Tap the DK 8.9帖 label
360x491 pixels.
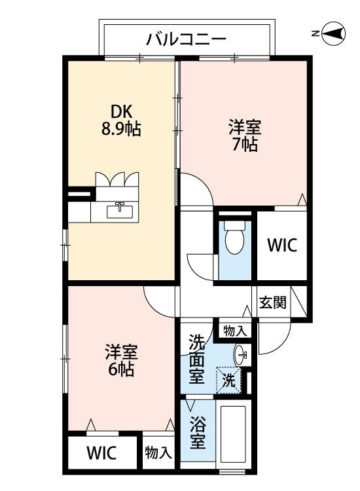[x=120, y=120]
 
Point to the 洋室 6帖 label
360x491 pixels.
[x=121, y=359]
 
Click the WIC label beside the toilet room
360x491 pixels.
[x=281, y=245]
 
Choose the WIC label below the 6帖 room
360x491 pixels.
[x=101, y=452]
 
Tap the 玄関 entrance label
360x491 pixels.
[x=272, y=302]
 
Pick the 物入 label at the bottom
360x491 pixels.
[x=158, y=452]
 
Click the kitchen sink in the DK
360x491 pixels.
[x=119, y=210]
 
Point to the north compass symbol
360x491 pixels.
[x=334, y=33]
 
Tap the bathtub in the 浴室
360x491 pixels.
[x=232, y=435]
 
